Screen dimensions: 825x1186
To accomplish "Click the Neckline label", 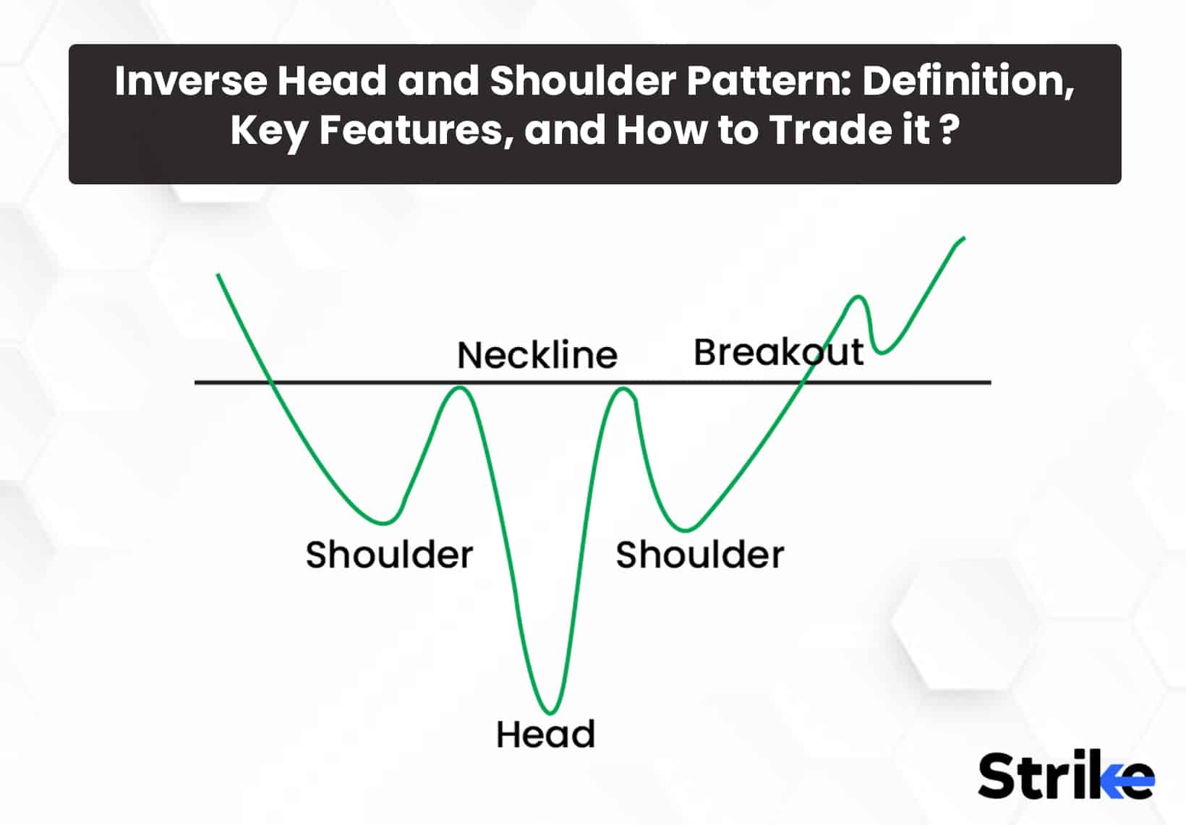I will [x=537, y=355].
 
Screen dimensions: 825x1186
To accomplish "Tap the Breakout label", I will [x=778, y=353].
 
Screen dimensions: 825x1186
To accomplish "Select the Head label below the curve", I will [x=545, y=735].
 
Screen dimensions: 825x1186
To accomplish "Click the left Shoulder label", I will [x=389, y=555].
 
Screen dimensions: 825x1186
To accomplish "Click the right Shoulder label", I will [x=699, y=555].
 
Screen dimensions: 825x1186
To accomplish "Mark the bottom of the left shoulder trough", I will [x=385, y=522].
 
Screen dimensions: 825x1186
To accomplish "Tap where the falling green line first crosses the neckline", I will [x=270, y=382].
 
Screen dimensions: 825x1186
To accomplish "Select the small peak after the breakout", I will [x=858, y=296].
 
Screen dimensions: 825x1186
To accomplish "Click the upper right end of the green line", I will [x=963, y=238].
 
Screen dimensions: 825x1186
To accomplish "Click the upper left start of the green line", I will [x=218, y=275].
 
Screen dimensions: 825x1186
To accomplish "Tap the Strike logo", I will [x=1065, y=777].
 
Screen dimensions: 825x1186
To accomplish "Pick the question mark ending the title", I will [x=952, y=130].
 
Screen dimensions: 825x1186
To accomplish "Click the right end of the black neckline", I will [x=989, y=382].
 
